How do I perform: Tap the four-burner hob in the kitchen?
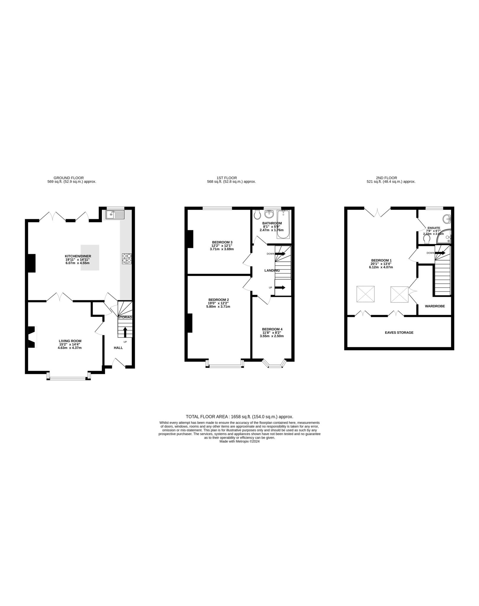tap(127, 258)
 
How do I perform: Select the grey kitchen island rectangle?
tap(90, 257)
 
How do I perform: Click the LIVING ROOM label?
tap(70, 341)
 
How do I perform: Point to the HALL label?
tap(118, 348)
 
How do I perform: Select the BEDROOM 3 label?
tap(222, 242)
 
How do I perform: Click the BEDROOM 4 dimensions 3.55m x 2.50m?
tap(272, 336)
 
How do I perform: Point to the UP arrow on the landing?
tap(280, 287)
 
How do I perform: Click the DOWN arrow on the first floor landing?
tap(280, 254)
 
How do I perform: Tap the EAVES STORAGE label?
tap(399, 333)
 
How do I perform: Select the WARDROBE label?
tap(435, 306)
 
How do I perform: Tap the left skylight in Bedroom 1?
tap(366, 294)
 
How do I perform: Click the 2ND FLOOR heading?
tap(391, 178)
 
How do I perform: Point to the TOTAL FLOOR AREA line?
tap(239, 417)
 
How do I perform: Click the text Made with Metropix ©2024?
tap(239, 441)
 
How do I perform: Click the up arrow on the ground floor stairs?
tap(125, 332)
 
